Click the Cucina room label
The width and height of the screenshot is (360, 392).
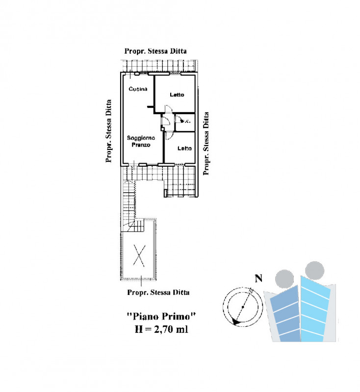pyautogui.click(x=138, y=89)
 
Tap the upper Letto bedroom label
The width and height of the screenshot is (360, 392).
pyautogui.click(x=177, y=95)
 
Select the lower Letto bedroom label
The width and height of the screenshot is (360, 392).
pyautogui.click(x=184, y=148)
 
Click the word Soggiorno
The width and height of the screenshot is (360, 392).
pyautogui.click(x=141, y=138)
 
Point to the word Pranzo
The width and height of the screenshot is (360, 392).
pyautogui.click(x=141, y=145)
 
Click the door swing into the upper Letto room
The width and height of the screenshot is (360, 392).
pyautogui.click(x=169, y=109)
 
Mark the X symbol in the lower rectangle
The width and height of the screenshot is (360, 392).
pyautogui.click(x=139, y=255)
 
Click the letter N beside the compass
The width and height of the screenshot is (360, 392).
pyautogui.click(x=258, y=278)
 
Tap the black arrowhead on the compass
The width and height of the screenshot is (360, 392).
pyautogui.click(x=235, y=322)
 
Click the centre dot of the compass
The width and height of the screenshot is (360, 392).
pyautogui.click(x=243, y=307)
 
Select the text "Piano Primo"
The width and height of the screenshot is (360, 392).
pyautogui.click(x=161, y=317)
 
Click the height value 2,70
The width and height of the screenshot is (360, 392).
pyautogui.click(x=163, y=329)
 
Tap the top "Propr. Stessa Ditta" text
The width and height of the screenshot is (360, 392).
pyautogui.click(x=155, y=51)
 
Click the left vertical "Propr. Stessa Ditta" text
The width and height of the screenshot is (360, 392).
pyautogui.click(x=108, y=131)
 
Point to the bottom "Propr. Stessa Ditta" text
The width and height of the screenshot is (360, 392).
pyautogui.click(x=158, y=292)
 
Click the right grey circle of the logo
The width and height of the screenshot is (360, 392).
pyautogui.click(x=314, y=270)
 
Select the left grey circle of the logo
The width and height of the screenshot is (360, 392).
pyautogui.click(x=284, y=279)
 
